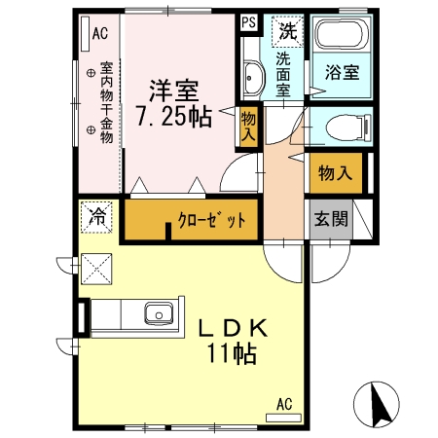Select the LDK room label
(x=232, y=328)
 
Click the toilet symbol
(x=341, y=128)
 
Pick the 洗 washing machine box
(x=286, y=30)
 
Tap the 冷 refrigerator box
(x=96, y=216)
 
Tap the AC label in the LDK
(x=283, y=403)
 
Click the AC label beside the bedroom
(x=99, y=34)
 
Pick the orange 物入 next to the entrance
(x=335, y=174)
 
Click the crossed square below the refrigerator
(x=97, y=266)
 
